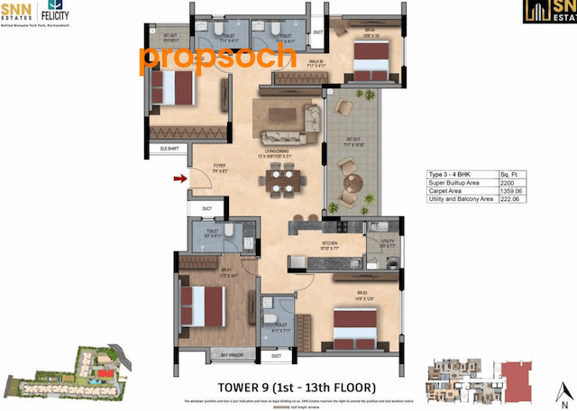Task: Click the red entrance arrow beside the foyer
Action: (x=181, y=179)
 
